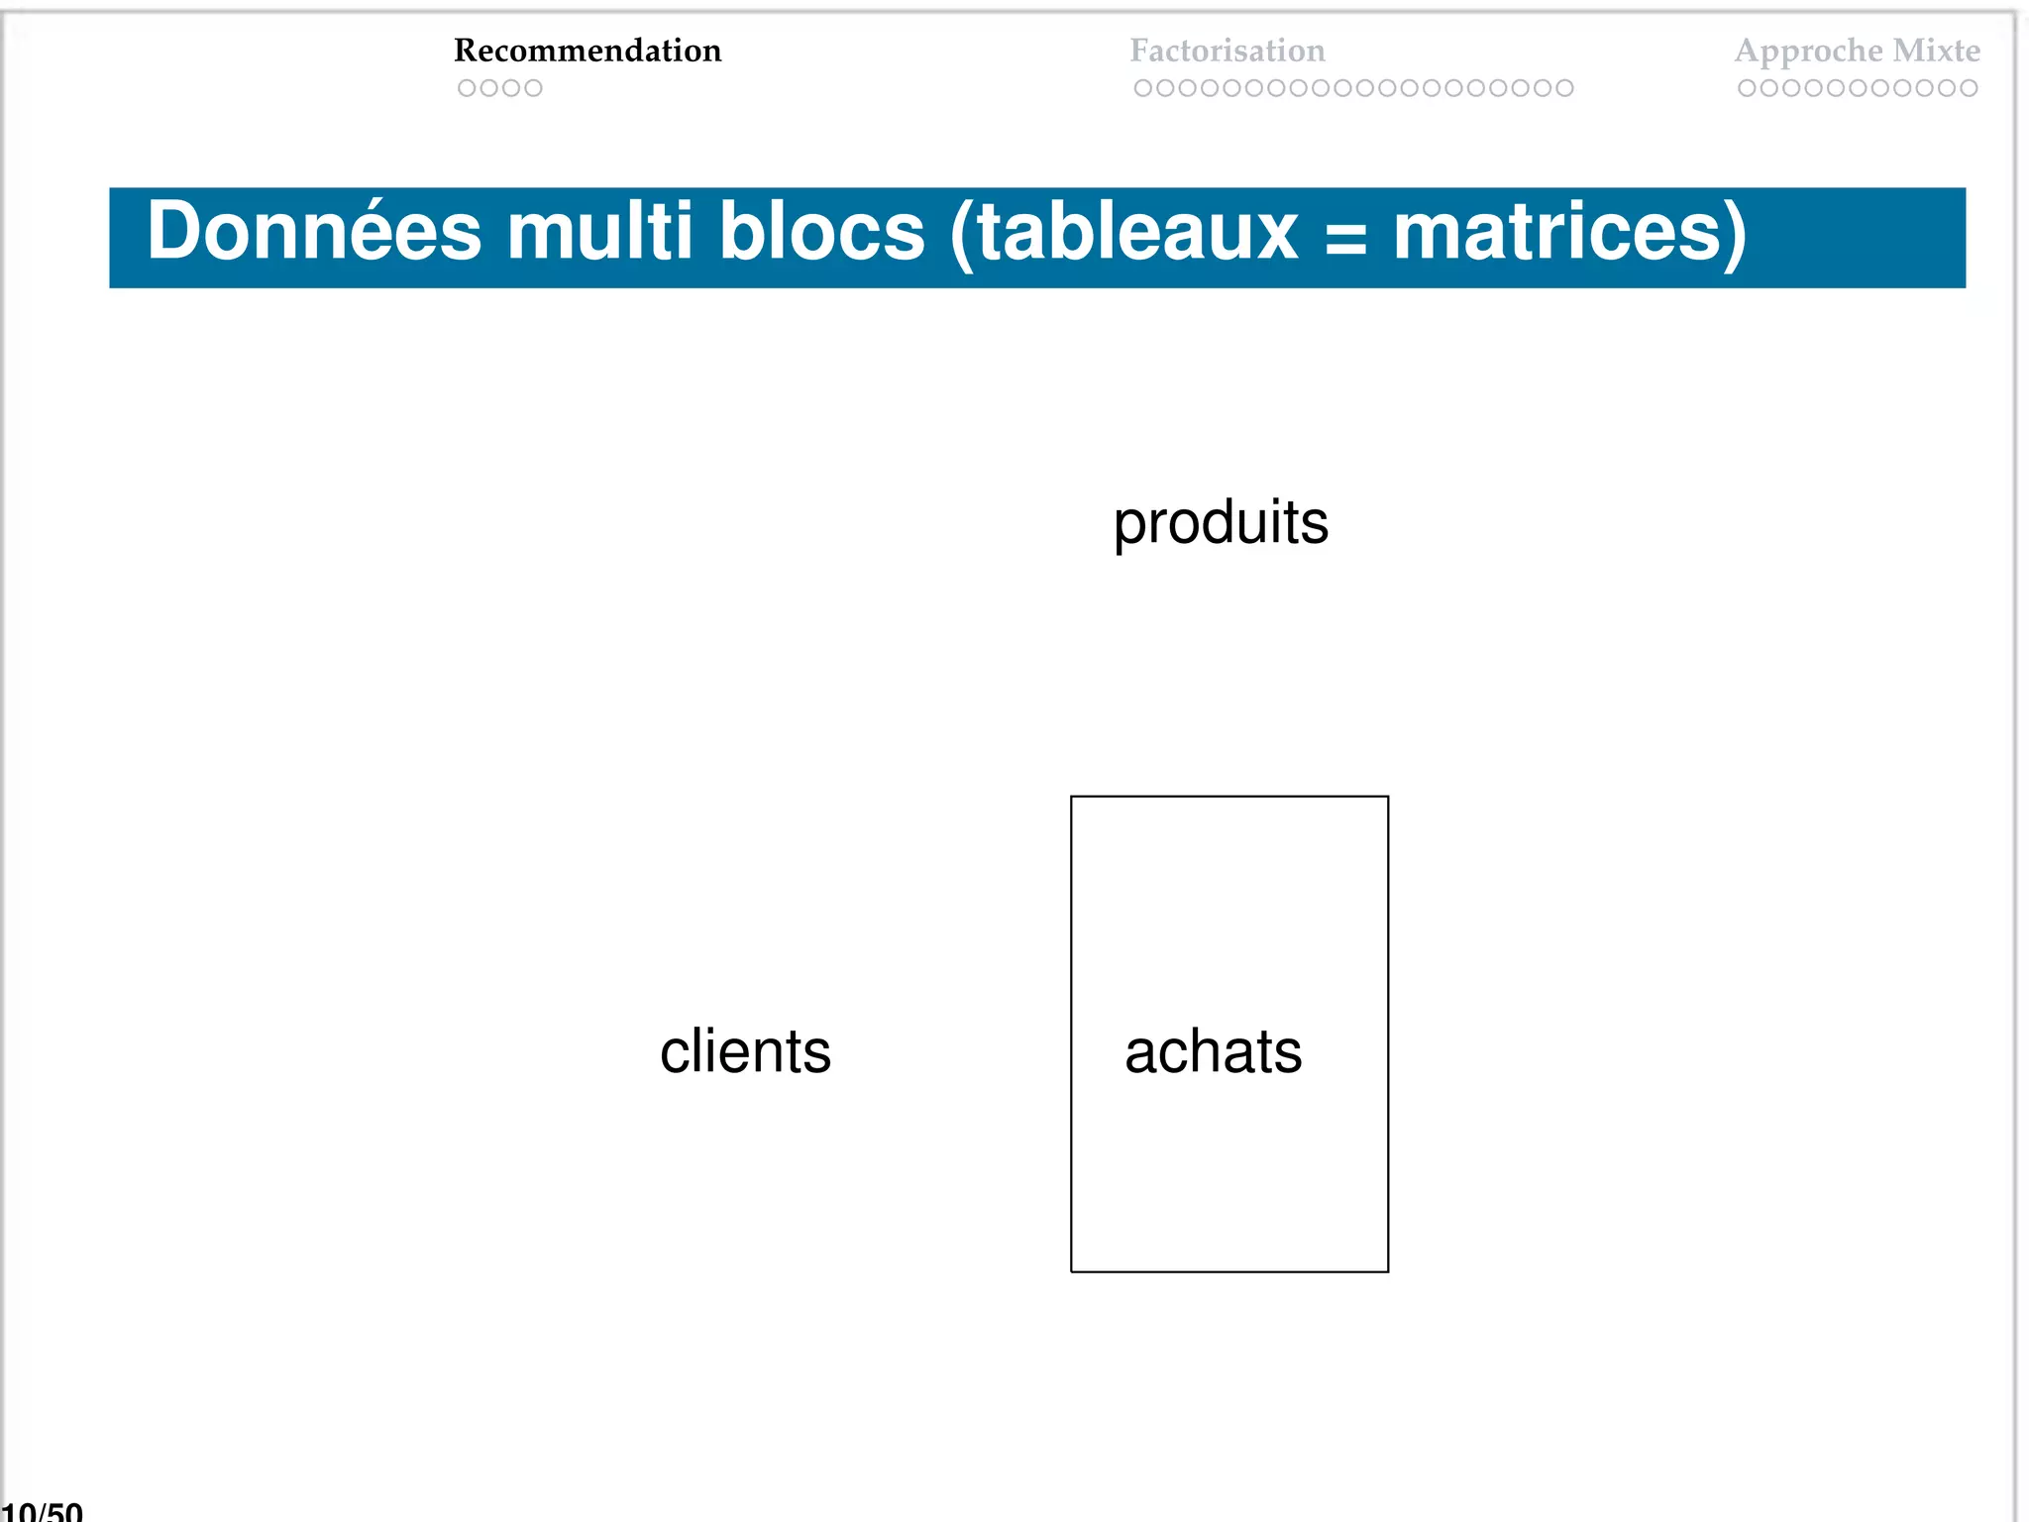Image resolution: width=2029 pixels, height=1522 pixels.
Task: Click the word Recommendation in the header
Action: coord(587,51)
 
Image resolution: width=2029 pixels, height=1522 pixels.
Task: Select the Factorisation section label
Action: coord(1227,51)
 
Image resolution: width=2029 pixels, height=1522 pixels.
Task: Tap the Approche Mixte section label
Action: coord(1857,51)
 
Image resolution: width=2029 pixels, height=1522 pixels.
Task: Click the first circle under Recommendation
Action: coord(467,88)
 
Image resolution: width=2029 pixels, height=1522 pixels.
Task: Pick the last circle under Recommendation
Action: coord(533,88)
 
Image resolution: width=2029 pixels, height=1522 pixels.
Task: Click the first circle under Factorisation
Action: coord(1142,88)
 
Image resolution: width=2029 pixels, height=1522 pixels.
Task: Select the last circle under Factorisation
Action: coord(1564,88)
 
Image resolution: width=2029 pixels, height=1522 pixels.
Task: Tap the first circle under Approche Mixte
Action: coord(1747,88)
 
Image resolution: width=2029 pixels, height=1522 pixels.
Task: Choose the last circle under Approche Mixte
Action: coord(1969,88)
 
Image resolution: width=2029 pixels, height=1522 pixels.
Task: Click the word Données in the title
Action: coord(314,232)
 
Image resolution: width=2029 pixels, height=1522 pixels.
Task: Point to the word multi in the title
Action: coord(599,232)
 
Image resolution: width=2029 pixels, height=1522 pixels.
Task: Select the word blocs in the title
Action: coord(821,232)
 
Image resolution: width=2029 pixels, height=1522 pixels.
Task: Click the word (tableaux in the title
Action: coord(1122,232)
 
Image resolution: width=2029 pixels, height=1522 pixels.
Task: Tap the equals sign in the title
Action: coord(1344,239)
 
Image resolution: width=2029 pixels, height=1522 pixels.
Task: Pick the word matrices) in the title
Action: coord(1569,232)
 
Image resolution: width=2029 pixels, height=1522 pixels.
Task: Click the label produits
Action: coord(1221,523)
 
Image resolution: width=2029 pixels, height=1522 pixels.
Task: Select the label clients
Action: coord(745,1051)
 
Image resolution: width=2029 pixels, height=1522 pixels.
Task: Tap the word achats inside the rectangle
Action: coord(1213,1051)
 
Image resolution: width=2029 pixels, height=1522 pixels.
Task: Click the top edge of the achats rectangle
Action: coord(1228,797)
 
